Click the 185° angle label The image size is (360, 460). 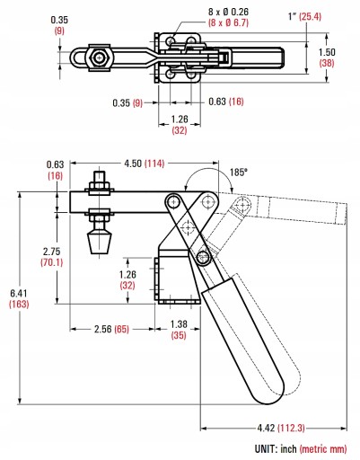click(239, 172)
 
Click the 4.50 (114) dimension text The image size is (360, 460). click(145, 164)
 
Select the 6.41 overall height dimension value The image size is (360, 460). click(19, 293)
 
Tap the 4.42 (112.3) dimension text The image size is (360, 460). click(281, 428)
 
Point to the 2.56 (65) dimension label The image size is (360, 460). click(111, 329)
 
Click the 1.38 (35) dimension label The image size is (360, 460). click(179, 330)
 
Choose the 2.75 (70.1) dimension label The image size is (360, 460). click(51, 257)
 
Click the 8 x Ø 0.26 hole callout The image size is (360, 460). click(228, 12)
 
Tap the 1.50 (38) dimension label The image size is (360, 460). click(327, 57)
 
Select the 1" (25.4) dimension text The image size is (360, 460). click(304, 16)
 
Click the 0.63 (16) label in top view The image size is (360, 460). click(226, 102)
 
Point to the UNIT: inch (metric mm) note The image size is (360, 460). click(301, 449)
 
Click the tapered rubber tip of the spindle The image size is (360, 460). click(100, 243)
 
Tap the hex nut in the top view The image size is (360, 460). click(99, 58)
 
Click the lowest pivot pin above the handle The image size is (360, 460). click(204, 257)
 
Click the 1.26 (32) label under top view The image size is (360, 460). click(180, 125)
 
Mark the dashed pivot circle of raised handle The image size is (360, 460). click(241, 206)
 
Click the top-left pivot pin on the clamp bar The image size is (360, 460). click(173, 202)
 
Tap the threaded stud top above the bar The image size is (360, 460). click(100, 176)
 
